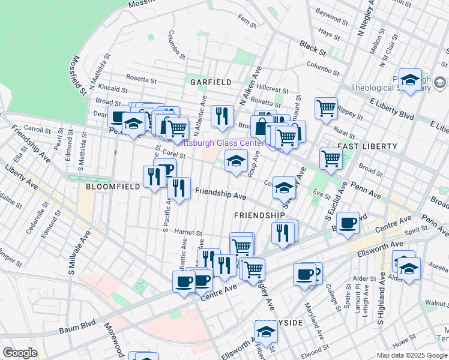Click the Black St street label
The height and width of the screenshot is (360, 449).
(x=312, y=46)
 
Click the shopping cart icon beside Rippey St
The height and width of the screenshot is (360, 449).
(x=326, y=109)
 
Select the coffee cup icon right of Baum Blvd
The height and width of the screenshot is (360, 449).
(x=348, y=223)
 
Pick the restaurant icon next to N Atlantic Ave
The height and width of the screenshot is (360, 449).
(x=222, y=115)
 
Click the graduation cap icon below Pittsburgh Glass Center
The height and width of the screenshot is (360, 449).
(x=237, y=161)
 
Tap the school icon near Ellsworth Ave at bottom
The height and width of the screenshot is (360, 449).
(x=265, y=332)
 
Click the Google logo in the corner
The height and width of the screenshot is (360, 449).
(x=20, y=353)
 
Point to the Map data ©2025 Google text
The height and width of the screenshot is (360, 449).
(x=411, y=355)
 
